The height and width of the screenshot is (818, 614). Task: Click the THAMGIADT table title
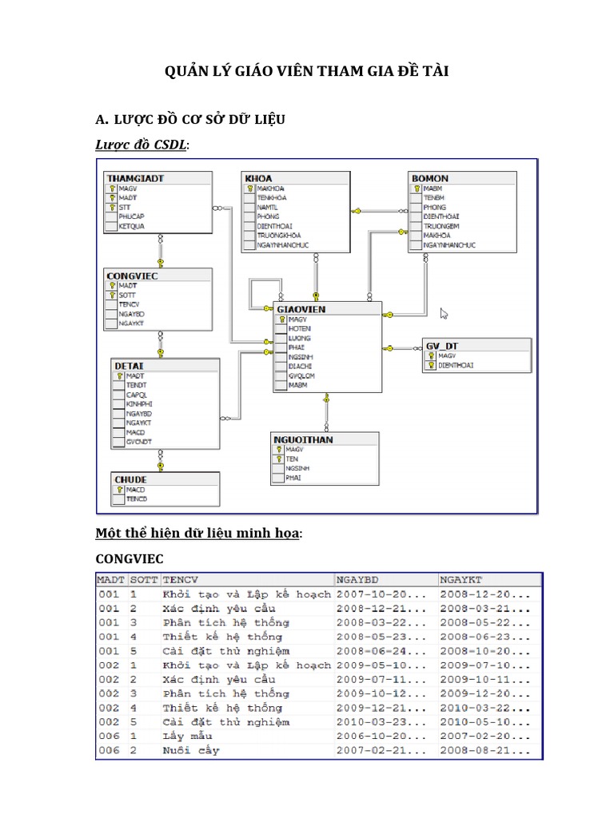click(x=135, y=178)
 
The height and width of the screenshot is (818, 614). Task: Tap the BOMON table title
click(x=429, y=178)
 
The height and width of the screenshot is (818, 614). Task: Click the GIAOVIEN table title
click(x=301, y=309)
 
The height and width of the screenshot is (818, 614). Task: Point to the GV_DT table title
click(x=442, y=345)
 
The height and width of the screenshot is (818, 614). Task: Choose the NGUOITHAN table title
click(x=304, y=439)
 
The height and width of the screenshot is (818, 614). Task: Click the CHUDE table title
click(x=130, y=479)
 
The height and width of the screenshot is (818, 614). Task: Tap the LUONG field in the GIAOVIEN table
click(x=300, y=338)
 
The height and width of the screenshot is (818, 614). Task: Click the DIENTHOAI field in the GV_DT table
click(x=456, y=365)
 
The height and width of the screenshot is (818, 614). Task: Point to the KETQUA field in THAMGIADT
click(x=131, y=226)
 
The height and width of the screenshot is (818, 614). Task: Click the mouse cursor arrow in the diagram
click(x=445, y=314)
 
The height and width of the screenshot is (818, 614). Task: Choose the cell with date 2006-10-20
click(x=368, y=736)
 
